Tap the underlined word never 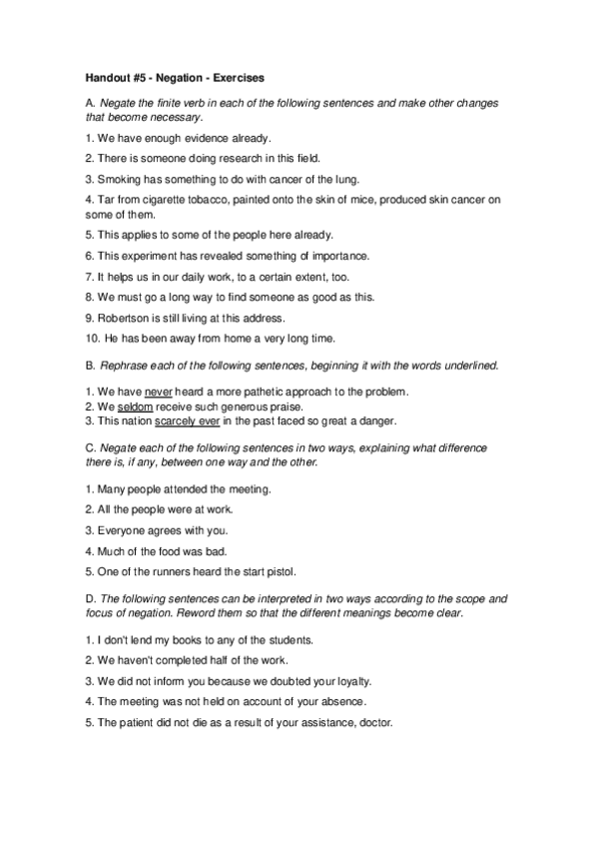pyautogui.click(x=159, y=389)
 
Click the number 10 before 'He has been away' pyautogui.click(x=89, y=339)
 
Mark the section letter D pyautogui.click(x=89, y=598)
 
